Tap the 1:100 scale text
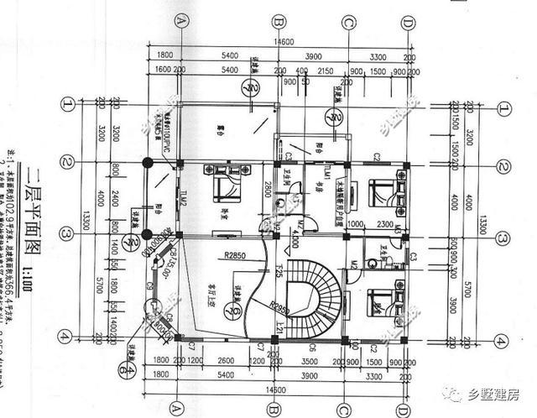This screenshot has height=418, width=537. click(x=50, y=276)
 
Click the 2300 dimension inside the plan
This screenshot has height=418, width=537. click(x=385, y=223)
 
